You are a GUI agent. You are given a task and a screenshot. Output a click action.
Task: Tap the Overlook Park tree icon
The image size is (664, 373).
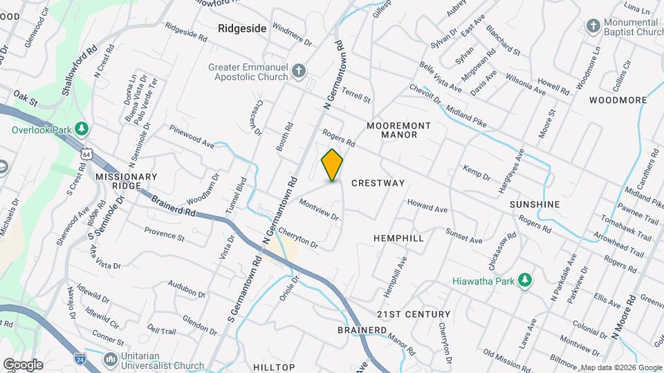82,129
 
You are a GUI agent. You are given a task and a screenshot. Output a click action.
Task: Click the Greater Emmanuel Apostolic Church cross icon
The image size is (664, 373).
297,72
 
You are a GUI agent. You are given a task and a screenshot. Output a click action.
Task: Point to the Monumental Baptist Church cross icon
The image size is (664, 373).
592,27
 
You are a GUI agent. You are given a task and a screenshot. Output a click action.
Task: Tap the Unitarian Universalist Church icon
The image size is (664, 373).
110,360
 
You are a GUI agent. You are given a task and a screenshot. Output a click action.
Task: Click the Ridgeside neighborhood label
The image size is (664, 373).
241,29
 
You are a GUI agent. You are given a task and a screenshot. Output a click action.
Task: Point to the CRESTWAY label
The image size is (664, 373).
378,183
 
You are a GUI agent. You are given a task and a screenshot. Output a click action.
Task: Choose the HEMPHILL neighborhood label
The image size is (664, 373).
398,238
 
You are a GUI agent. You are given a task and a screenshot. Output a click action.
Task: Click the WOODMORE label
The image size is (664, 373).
618,100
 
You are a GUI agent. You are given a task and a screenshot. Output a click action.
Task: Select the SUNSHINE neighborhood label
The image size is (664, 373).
534,204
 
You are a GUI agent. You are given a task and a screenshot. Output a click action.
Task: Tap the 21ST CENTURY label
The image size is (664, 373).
414,314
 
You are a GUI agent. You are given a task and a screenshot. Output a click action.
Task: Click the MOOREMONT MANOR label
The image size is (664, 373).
398,130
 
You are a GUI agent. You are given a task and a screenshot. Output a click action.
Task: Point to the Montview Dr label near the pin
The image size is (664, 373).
318,210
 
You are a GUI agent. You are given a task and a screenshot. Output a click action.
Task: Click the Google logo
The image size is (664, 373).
24,365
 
